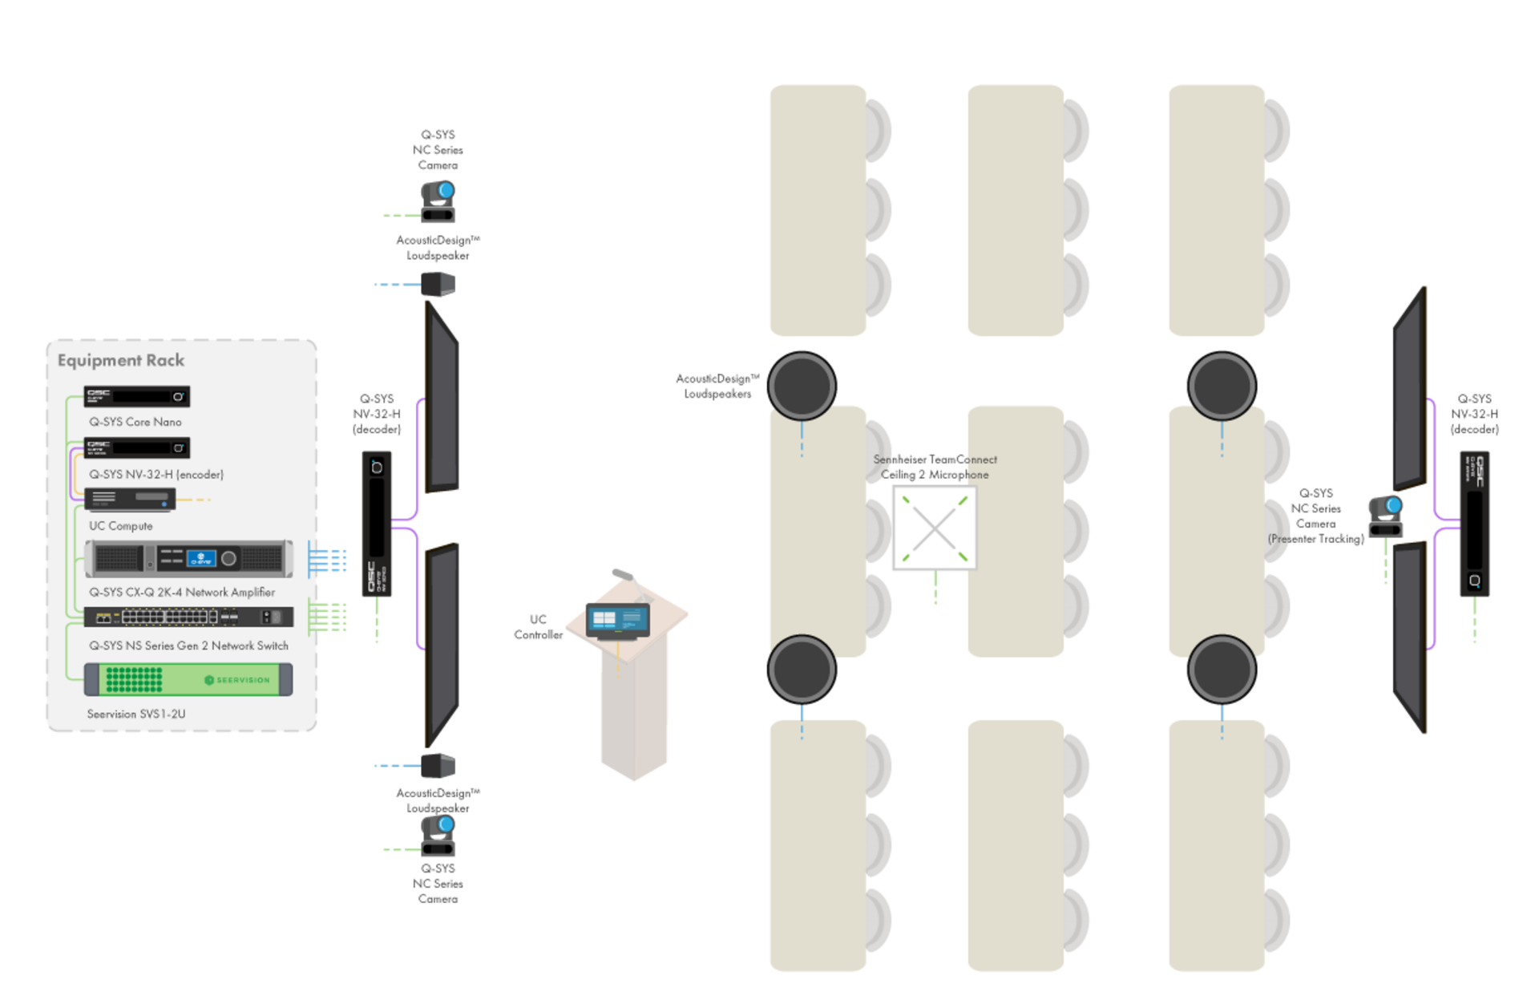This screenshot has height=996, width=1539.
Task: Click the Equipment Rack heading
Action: pyautogui.click(x=121, y=361)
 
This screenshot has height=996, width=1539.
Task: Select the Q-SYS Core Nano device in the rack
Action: pyautogui.click(x=137, y=396)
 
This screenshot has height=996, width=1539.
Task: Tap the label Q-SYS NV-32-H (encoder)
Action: pyautogui.click(x=156, y=475)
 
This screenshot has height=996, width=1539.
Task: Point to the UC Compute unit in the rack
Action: pyautogui.click(x=130, y=499)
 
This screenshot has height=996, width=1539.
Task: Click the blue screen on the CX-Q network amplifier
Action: pyautogui.click(x=200, y=558)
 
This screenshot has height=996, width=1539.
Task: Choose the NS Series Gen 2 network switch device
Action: pyautogui.click(x=188, y=617)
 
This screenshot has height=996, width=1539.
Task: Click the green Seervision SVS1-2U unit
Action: pyautogui.click(x=188, y=679)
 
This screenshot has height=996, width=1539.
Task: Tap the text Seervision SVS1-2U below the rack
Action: pyautogui.click(x=136, y=714)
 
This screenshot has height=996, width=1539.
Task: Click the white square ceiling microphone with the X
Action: pyautogui.click(x=934, y=528)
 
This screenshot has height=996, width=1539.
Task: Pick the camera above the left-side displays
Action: pyautogui.click(x=438, y=201)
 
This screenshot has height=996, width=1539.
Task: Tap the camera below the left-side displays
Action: pyautogui.click(x=438, y=836)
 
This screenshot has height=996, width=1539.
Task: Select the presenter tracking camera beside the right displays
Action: pyautogui.click(x=1386, y=516)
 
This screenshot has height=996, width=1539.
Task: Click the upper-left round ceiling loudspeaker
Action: pyautogui.click(x=802, y=385)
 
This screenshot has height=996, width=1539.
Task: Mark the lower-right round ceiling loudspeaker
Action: pyautogui.click(x=1222, y=669)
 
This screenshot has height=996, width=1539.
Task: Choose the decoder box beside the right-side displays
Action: pyautogui.click(x=1474, y=523)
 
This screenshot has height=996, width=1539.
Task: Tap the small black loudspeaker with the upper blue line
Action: pyautogui.click(x=438, y=284)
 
